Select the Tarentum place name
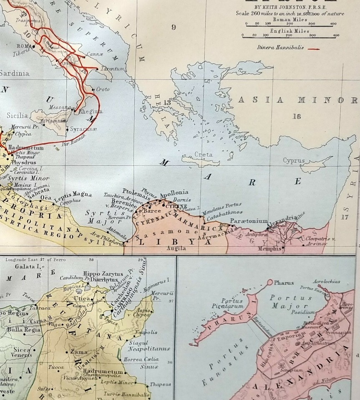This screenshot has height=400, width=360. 112,68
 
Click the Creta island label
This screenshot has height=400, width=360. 203,155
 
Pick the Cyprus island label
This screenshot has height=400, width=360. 294,160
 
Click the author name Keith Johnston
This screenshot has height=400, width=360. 287,7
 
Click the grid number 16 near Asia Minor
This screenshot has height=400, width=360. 296,116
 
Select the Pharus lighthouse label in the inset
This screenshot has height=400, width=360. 284,282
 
